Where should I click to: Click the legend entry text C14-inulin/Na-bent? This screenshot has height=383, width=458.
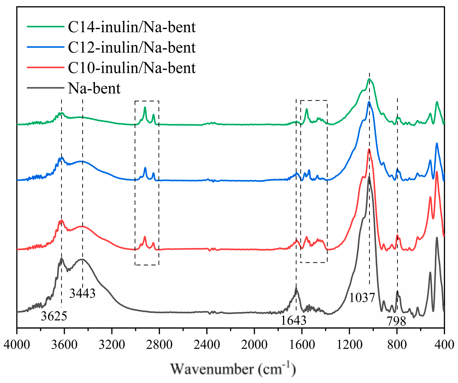132,27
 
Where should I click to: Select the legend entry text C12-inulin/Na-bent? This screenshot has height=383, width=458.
132,48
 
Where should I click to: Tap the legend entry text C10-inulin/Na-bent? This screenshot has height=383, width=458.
132,68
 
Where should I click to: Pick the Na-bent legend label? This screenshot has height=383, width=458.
94,88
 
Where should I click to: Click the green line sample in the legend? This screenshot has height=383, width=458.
45,26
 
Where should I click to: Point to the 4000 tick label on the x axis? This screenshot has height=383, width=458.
17,344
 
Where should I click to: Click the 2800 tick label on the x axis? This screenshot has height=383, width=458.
159,344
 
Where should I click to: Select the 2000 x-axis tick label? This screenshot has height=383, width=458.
254,344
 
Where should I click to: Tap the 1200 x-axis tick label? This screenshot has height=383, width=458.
349,344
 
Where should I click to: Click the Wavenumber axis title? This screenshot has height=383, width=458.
233,369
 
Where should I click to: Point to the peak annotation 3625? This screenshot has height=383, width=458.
54,316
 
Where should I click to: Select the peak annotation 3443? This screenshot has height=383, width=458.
82,293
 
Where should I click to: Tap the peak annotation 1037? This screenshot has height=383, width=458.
362,297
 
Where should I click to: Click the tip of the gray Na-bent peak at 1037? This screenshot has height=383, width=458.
369,177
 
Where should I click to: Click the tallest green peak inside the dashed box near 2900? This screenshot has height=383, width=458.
145,107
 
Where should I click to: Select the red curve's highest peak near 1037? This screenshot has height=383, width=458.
369,149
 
